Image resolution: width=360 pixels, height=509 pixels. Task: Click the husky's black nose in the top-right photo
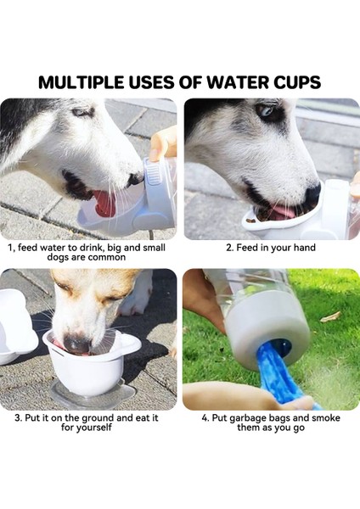click(x=312, y=193)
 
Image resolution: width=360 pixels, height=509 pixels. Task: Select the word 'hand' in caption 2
click(x=304, y=248)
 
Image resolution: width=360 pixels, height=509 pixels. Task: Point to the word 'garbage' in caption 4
click(x=248, y=417)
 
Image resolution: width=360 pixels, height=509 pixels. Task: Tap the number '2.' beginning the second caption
click(x=229, y=248)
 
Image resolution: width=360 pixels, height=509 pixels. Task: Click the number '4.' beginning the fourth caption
click(x=205, y=417)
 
